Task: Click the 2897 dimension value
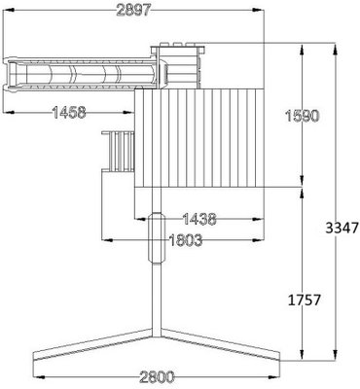click(133, 11)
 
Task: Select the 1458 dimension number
click(69, 113)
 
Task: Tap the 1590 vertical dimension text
click(302, 116)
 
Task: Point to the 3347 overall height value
click(342, 229)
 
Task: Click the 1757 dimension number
click(305, 301)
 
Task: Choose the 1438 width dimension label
click(199, 220)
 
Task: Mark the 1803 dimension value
click(186, 240)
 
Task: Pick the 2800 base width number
click(157, 377)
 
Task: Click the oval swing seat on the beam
click(157, 237)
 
